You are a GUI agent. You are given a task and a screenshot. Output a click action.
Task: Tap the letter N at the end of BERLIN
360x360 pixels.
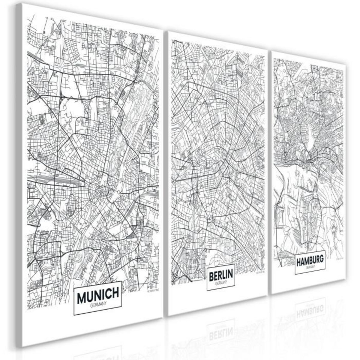point(231,274)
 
